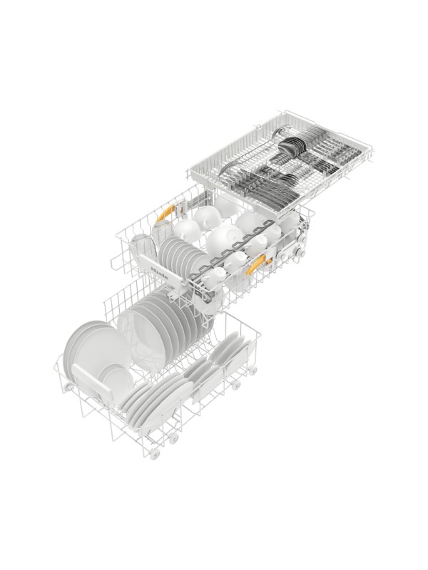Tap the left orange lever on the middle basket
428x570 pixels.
click(165, 212)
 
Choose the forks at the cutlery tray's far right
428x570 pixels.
click(342, 153)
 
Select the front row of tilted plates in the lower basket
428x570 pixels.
click(153, 403)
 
